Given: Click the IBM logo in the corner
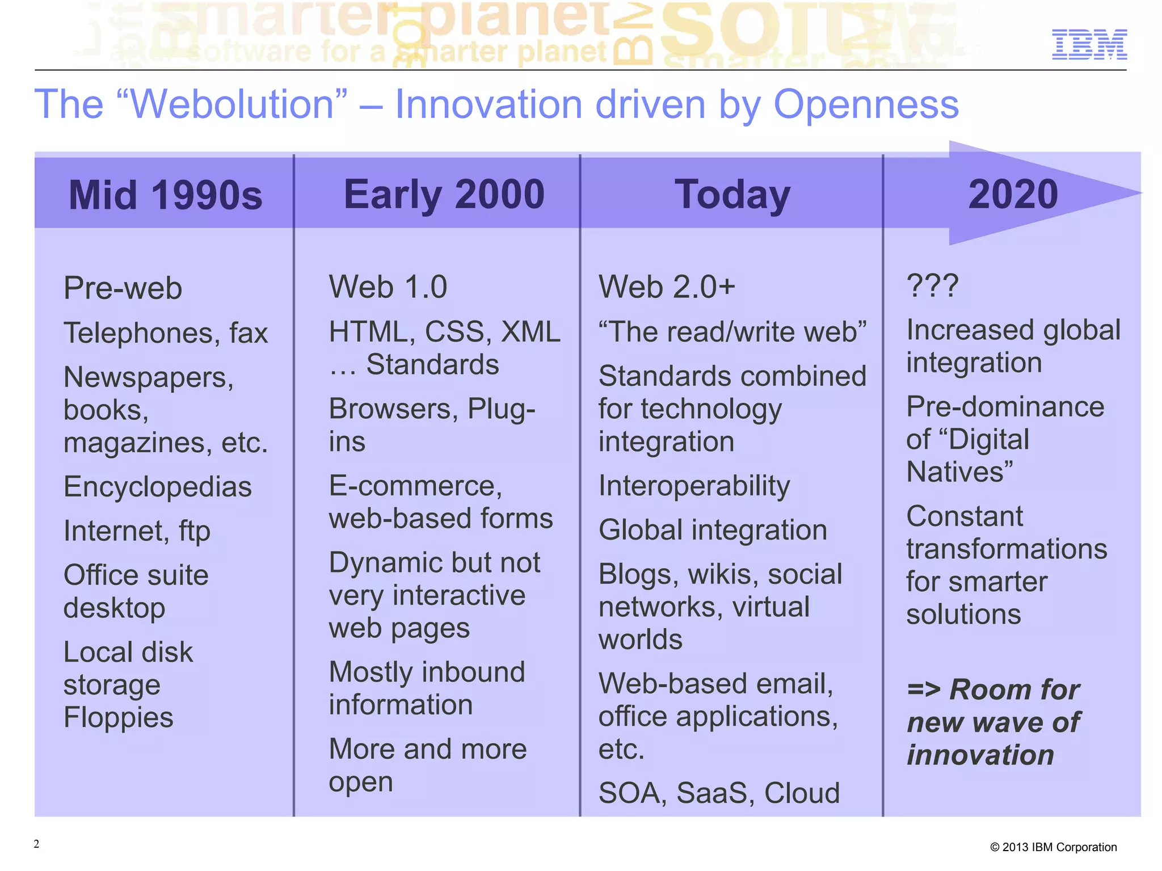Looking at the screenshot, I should click(x=1089, y=44).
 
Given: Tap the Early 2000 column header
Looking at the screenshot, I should click(x=444, y=195).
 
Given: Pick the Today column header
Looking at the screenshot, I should click(x=732, y=195).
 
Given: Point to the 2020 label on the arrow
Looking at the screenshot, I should click(x=1013, y=195).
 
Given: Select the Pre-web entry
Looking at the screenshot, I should click(x=123, y=288).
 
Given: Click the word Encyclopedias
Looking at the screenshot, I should click(x=157, y=487).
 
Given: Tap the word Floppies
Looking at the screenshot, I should click(x=118, y=717).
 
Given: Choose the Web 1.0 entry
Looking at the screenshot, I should click(x=388, y=287).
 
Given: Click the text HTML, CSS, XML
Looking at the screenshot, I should click(x=444, y=332).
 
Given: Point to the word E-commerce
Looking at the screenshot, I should click(x=415, y=486).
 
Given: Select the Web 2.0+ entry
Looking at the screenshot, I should click(x=667, y=287).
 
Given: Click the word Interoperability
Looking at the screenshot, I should click(x=694, y=486).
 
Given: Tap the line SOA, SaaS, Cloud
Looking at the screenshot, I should click(x=719, y=793).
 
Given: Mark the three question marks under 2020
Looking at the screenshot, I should click(x=932, y=285).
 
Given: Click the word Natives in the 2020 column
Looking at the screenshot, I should click(x=958, y=472).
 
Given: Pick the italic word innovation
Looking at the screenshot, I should click(x=980, y=755).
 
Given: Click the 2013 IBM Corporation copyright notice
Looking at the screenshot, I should click(x=1053, y=847).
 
